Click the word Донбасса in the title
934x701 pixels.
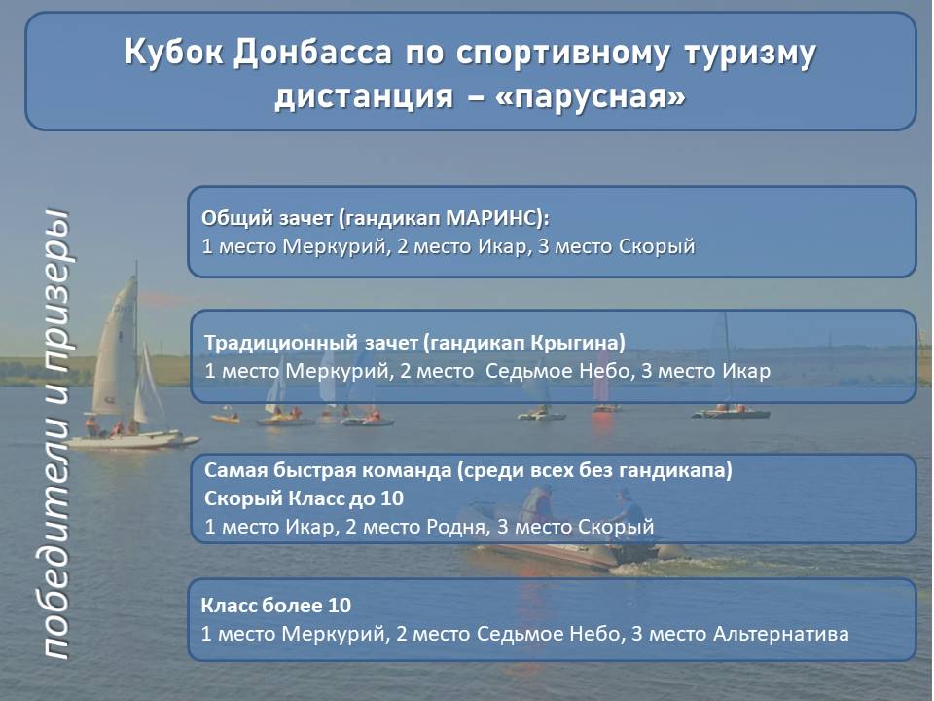tap(312, 53)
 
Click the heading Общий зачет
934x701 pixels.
tap(267, 219)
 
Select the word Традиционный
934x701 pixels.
tap(279, 344)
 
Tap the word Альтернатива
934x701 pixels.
tap(780, 634)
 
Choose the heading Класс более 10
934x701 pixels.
tap(275, 606)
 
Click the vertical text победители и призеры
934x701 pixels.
tap(56, 435)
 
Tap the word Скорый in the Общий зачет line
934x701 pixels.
tap(657, 246)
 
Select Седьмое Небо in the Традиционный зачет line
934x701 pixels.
tap(557, 371)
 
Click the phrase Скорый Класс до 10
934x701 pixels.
tap(304, 498)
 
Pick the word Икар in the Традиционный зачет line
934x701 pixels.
tap(746, 371)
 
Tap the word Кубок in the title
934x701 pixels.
tap(174, 53)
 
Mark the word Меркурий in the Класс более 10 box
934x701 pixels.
tap(333, 634)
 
